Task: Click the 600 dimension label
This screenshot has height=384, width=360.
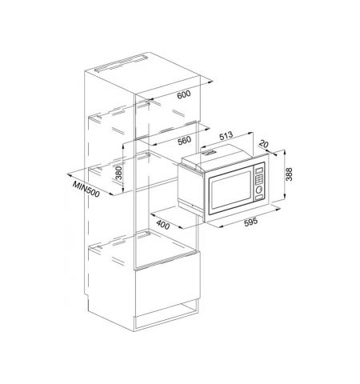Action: coord(184,94)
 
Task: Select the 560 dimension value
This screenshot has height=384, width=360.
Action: coord(184,140)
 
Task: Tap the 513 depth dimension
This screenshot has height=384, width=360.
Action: coord(226,135)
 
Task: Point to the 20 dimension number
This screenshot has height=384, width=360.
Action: coord(263,144)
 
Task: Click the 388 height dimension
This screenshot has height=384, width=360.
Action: coord(289,174)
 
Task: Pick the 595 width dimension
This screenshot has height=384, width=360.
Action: coord(251,222)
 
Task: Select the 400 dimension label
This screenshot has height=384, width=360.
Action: coord(163,224)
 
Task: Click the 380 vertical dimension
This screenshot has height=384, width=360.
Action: coord(118,173)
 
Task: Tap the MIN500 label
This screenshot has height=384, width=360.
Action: coord(86,189)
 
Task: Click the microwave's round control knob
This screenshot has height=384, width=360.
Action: coord(259,190)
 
